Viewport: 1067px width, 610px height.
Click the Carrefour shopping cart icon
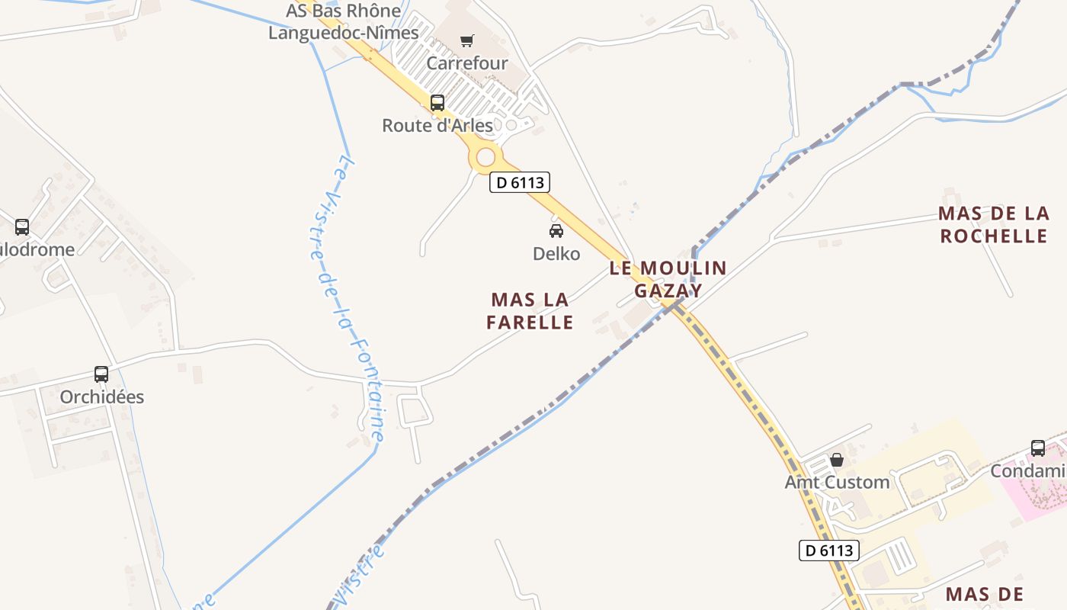click(466, 41)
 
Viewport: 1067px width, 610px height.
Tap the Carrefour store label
click(466, 63)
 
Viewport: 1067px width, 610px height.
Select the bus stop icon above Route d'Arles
click(437, 103)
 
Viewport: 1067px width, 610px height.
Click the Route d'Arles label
click(437, 125)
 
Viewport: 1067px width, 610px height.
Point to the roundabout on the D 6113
click(486, 158)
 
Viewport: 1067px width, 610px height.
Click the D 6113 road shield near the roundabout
click(519, 182)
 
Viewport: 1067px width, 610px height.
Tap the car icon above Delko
click(556, 231)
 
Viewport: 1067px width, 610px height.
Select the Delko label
click(556, 253)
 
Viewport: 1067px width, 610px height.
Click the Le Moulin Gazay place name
click(668, 279)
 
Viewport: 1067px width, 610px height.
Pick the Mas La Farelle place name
click(530, 311)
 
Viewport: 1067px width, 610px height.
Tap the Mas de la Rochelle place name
click(993, 225)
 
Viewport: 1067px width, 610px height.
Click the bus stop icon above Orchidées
click(101, 374)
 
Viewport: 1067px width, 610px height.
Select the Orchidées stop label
click(102, 396)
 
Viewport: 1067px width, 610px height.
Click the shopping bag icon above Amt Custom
click(837, 460)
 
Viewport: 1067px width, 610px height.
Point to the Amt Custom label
click(837, 482)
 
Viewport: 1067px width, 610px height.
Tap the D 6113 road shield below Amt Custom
click(829, 550)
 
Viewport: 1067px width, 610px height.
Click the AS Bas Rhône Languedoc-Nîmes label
click(343, 22)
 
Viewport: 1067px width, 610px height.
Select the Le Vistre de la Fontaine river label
click(347, 297)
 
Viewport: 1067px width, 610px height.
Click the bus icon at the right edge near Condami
click(1038, 448)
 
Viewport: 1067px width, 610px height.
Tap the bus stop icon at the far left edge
click(22, 226)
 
